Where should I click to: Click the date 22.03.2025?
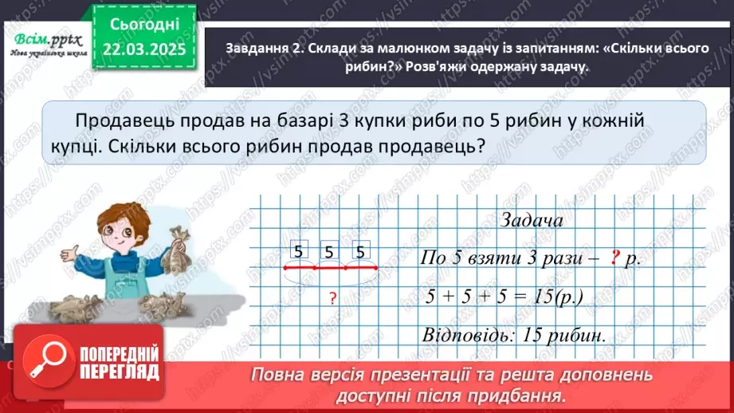pos(144,50)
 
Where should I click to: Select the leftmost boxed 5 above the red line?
pos(298,251)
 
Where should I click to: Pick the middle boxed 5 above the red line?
pos(329,251)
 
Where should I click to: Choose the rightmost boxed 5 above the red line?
pos(360,251)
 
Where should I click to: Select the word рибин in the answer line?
pos(575,334)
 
